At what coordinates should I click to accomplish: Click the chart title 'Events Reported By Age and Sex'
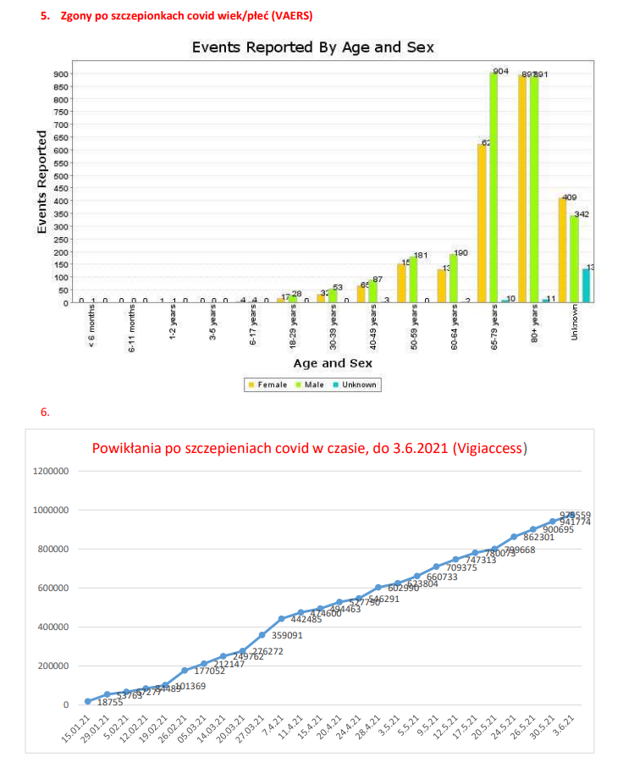(312, 47)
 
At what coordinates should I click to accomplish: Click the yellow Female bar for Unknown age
(562, 250)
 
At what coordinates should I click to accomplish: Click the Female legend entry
(265, 384)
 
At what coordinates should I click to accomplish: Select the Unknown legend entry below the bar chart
(355, 384)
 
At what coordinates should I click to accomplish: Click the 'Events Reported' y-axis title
(41, 182)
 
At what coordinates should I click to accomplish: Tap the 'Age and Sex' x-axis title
(333, 362)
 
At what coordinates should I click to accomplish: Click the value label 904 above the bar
(500, 71)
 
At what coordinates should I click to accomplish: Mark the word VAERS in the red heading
(280, 16)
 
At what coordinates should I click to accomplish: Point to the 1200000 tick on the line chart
(50, 471)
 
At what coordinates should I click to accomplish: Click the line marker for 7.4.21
(282, 619)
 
